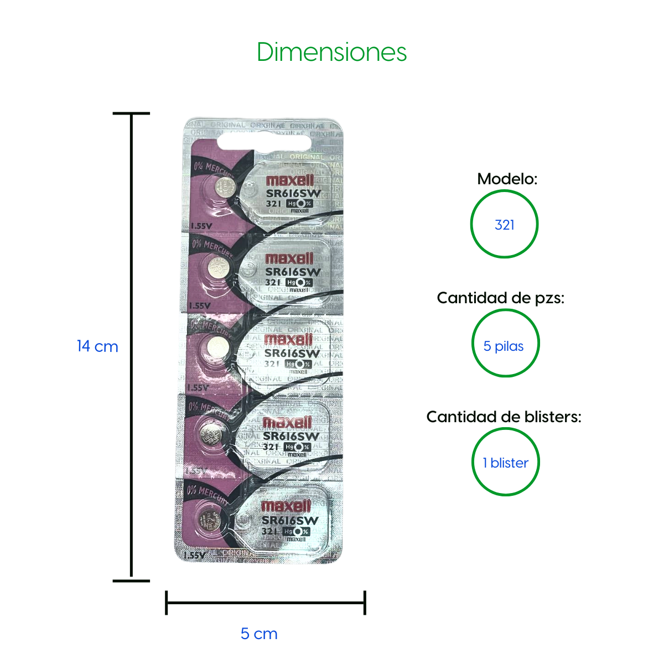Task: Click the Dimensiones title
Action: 331,53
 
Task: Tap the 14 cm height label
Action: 97,346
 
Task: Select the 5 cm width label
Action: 259,634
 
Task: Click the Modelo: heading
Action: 507,179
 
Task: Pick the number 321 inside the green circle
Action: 504,225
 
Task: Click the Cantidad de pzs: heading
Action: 500,298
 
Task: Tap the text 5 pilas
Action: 503,346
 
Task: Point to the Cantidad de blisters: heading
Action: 504,417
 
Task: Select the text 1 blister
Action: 505,463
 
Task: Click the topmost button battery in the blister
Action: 224,186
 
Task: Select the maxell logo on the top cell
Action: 290,180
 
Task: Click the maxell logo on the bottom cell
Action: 286,506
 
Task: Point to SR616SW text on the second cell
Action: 293,272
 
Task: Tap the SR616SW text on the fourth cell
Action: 290,436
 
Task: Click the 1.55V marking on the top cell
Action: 201,226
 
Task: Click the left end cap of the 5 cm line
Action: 167,603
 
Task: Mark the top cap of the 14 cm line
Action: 131,113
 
